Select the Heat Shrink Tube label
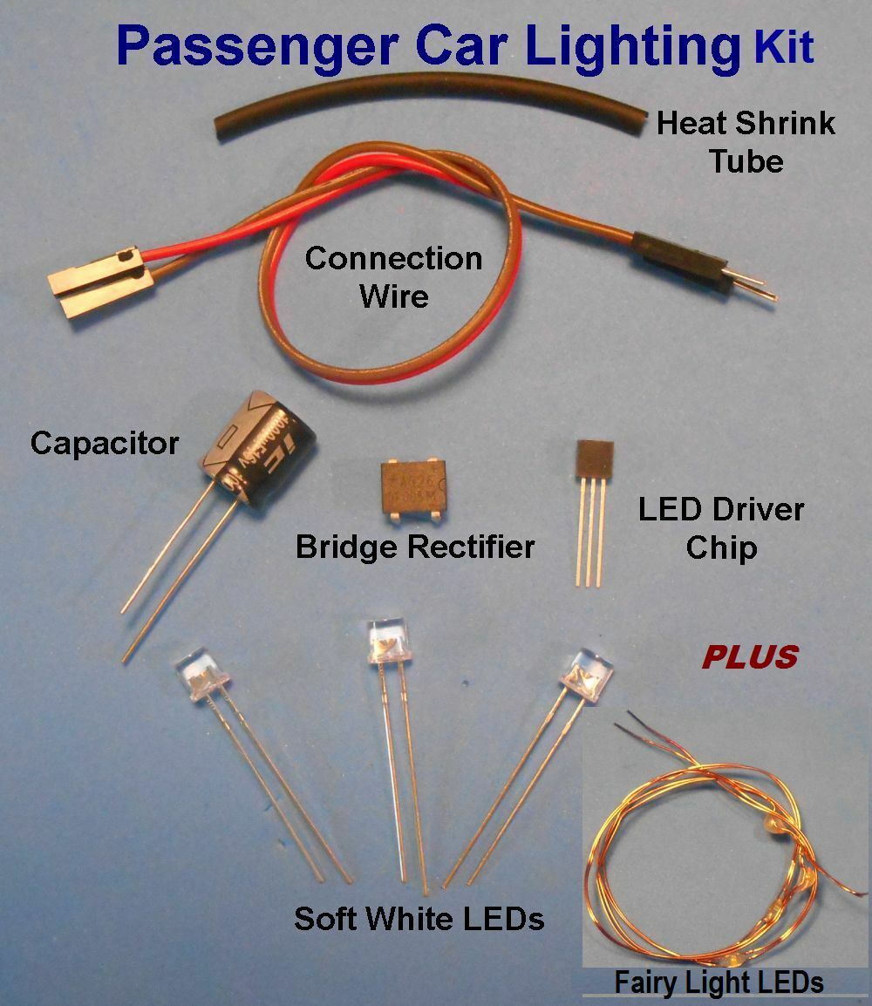point(746,141)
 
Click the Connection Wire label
point(393,276)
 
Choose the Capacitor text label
point(104,443)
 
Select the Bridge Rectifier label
point(414,547)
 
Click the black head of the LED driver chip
point(595,461)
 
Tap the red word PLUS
point(749,656)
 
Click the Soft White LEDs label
point(419,919)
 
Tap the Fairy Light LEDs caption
point(719,982)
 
